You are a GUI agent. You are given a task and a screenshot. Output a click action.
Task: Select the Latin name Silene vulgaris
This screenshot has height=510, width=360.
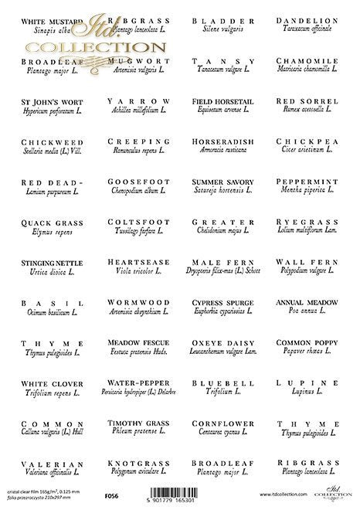[x=222, y=29]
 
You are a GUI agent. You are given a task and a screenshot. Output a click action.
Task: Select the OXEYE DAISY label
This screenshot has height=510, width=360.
[x=222, y=342]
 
